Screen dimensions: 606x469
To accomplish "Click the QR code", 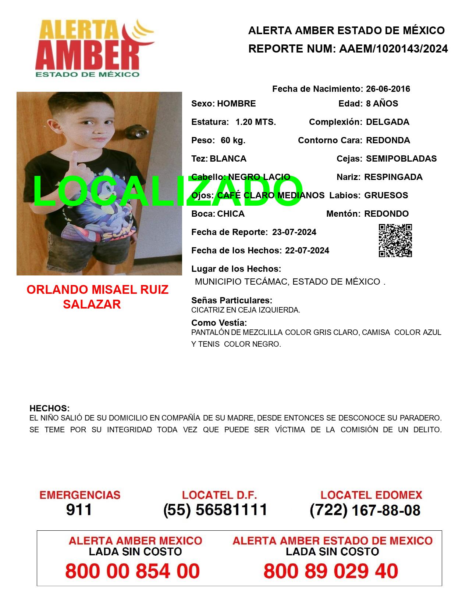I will [x=395, y=241].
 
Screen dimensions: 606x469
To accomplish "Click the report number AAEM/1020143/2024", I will [x=393, y=48].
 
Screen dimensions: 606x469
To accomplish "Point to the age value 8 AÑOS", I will [x=382, y=104].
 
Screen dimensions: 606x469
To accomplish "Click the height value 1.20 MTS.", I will [x=256, y=122].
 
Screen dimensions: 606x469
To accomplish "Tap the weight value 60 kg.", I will [x=233, y=140].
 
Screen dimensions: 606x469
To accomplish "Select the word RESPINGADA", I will [x=393, y=177].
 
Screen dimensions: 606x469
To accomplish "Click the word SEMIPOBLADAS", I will [x=401, y=159].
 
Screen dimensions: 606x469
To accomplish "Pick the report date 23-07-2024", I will [x=294, y=232].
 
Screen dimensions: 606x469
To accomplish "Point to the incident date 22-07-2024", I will [x=307, y=250].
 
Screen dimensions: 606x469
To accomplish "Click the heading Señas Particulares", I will [x=232, y=300].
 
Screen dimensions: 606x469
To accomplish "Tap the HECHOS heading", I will [x=49, y=408].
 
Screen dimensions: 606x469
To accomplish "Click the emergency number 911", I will [x=79, y=510].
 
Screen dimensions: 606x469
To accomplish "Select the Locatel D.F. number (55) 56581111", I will [x=215, y=510].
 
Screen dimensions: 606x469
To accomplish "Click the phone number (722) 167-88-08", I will [x=365, y=510].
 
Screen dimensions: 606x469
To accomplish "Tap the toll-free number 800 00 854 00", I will [x=132, y=571].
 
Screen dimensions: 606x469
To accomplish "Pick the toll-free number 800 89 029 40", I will [x=331, y=571].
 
